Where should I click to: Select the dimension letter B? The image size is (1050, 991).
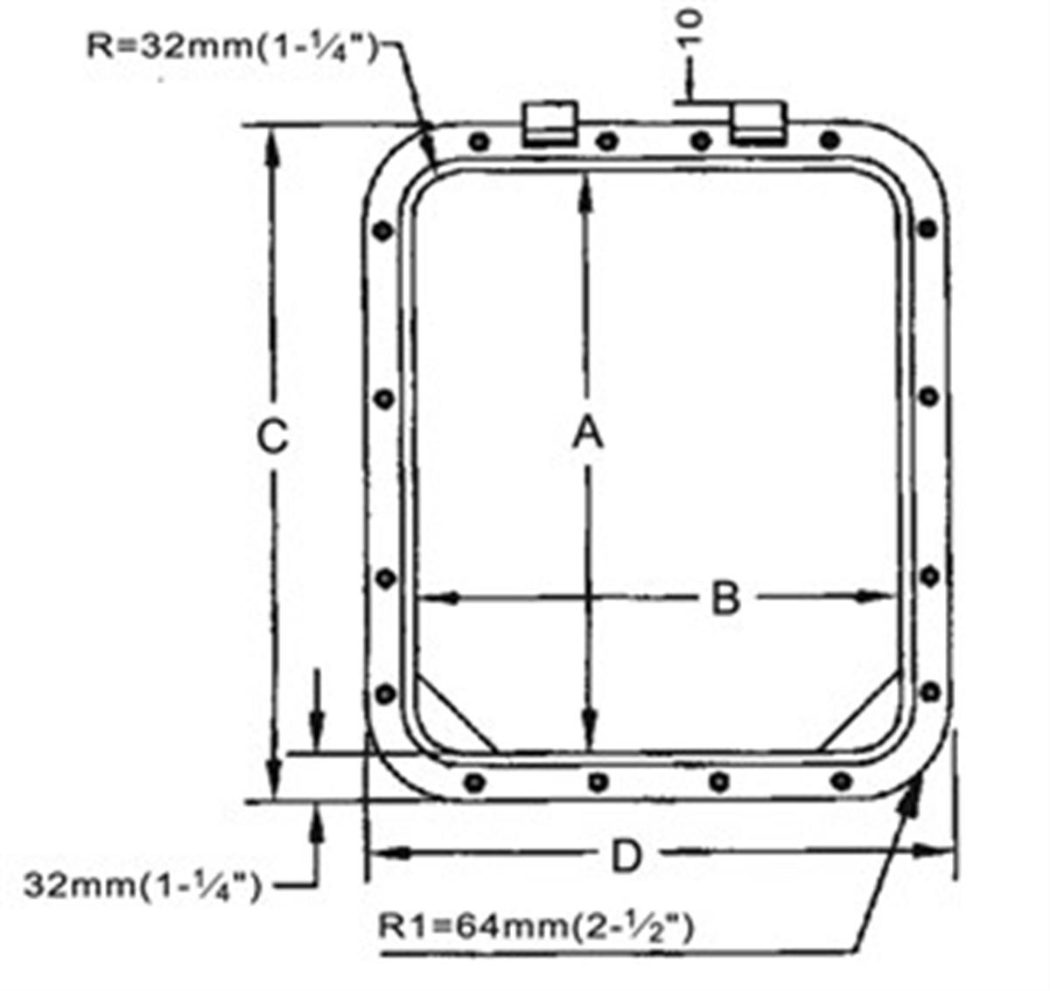pyautogui.click(x=724, y=600)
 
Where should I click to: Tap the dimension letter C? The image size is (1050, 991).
pyautogui.click(x=273, y=436)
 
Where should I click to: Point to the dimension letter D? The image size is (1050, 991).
pyautogui.click(x=626, y=856)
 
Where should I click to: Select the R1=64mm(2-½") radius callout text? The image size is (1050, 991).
pyautogui.click(x=535, y=925)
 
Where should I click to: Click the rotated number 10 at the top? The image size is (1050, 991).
pyautogui.click(x=690, y=30)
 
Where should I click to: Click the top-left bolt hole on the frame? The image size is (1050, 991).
pyautogui.click(x=478, y=142)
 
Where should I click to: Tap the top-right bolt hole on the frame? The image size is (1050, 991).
pyautogui.click(x=831, y=139)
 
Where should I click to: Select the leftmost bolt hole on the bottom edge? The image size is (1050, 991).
pyautogui.click(x=475, y=781)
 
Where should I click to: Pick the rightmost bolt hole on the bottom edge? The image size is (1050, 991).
pyautogui.click(x=842, y=779)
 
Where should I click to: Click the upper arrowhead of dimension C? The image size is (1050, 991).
pyautogui.click(x=274, y=144)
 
